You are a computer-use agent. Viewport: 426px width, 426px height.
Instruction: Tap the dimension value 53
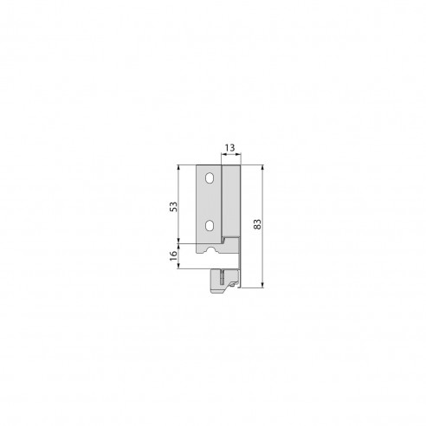coord(173,207)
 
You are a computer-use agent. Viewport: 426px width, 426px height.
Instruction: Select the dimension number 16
coord(173,255)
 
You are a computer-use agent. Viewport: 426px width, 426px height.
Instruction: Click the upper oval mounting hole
coord(209,179)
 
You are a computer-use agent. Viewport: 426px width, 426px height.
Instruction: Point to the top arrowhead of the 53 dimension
coord(179,166)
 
